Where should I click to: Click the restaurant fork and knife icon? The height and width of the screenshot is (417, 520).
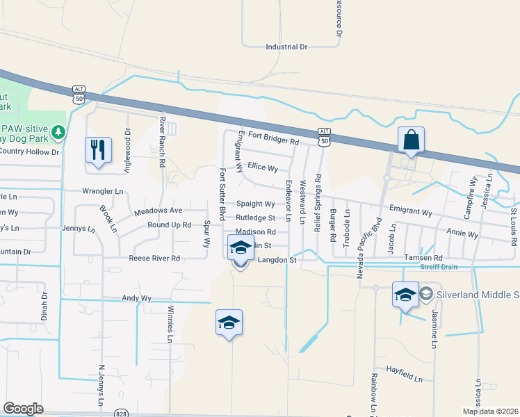pos(97,149)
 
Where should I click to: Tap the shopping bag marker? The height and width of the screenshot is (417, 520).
pos(411,140)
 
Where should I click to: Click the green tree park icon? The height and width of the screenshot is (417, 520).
pos(59,131)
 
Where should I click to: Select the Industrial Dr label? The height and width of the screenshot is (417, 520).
pos(286,47)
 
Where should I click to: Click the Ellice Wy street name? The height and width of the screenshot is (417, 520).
pos(263,168)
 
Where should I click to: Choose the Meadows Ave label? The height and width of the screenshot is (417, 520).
pos(158,210)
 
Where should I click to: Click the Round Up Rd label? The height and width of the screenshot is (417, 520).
pos(169,225)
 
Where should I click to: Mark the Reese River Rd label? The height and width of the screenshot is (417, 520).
pos(154,259)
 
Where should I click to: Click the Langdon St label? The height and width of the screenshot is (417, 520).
pos(277,260)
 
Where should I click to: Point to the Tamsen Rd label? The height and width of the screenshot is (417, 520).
pos(423,258)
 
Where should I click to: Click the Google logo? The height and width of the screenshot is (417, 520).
pos(24,409)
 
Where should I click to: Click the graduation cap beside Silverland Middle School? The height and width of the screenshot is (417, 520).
pos(405,293)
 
